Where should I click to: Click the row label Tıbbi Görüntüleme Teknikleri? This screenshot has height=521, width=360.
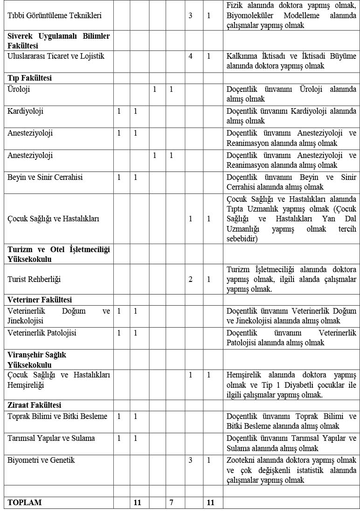tap(55, 15)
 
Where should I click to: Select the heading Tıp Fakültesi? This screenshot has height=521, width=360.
tap(29, 78)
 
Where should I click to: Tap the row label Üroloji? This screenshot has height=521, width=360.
tap(19, 89)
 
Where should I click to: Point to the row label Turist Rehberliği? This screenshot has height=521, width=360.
tap(34, 280)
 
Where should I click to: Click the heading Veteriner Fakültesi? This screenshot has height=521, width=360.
tap(40, 300)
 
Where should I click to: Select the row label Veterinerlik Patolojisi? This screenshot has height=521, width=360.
tap(42, 333)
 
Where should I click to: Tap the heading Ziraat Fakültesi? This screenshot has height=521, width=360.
tap(35, 405)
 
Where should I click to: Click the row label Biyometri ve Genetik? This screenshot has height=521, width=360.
tap(41, 460)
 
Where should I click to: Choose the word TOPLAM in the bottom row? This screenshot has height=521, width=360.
tap(25, 502)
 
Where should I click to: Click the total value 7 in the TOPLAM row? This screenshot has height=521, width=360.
tap(171, 502)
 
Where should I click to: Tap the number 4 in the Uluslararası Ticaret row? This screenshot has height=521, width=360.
tap(190, 56)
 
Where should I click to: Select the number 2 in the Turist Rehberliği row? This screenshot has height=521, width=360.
tap(190, 280)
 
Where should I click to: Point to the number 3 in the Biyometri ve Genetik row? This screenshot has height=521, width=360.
tap(190, 460)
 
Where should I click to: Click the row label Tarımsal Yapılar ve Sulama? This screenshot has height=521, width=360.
tap(51, 438)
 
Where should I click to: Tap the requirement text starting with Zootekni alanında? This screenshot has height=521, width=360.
tap(291, 470)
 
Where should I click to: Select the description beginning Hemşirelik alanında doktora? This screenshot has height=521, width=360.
tap(291, 384)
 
